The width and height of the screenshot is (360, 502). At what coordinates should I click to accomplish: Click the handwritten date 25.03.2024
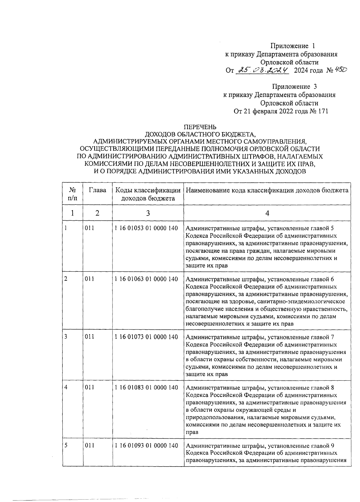[x=262, y=70]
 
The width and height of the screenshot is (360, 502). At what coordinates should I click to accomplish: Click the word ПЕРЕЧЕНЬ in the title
[x=200, y=127]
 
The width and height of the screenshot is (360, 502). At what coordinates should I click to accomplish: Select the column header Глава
[x=97, y=190]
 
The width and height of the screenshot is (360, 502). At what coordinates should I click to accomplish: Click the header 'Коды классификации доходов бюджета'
[x=148, y=194]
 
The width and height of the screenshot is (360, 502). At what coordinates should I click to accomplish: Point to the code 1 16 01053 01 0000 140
[x=146, y=228]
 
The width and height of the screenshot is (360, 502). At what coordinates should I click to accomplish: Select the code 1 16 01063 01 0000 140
[x=146, y=279]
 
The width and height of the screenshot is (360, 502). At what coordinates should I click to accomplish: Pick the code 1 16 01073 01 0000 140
[x=146, y=337]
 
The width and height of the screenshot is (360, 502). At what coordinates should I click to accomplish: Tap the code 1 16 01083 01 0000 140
[x=146, y=387]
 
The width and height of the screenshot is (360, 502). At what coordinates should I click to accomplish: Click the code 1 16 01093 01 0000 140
[x=146, y=445]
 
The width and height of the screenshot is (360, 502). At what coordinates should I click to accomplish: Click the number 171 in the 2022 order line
[x=322, y=111]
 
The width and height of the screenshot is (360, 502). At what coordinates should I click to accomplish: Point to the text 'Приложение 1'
[x=293, y=46]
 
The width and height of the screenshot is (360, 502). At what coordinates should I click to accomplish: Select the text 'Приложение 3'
[x=294, y=87]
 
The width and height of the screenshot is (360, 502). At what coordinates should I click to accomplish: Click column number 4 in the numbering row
[x=267, y=213]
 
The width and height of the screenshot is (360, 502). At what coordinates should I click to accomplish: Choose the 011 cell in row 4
[x=89, y=387]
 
